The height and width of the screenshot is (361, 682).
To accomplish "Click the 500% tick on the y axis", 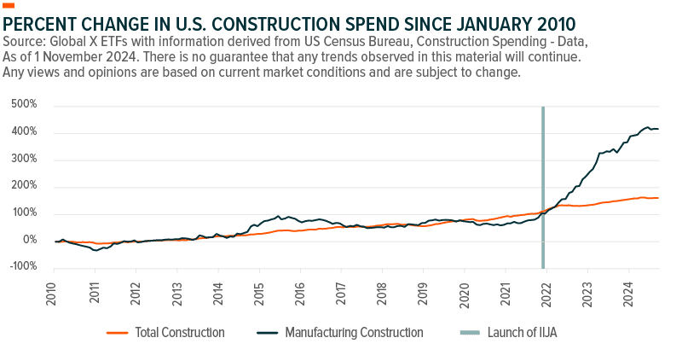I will (x=26, y=106).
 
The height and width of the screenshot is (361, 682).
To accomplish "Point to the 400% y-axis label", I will (x=26, y=132).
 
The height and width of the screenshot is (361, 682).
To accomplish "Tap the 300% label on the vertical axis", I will (x=26, y=160).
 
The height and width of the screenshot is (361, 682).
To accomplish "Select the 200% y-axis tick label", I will (x=26, y=187).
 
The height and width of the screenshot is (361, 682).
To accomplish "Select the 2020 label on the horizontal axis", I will (x=464, y=290).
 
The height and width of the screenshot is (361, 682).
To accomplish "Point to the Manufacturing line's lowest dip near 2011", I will (x=96, y=250).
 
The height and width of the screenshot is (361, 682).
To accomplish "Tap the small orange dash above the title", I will (x=9, y=5).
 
